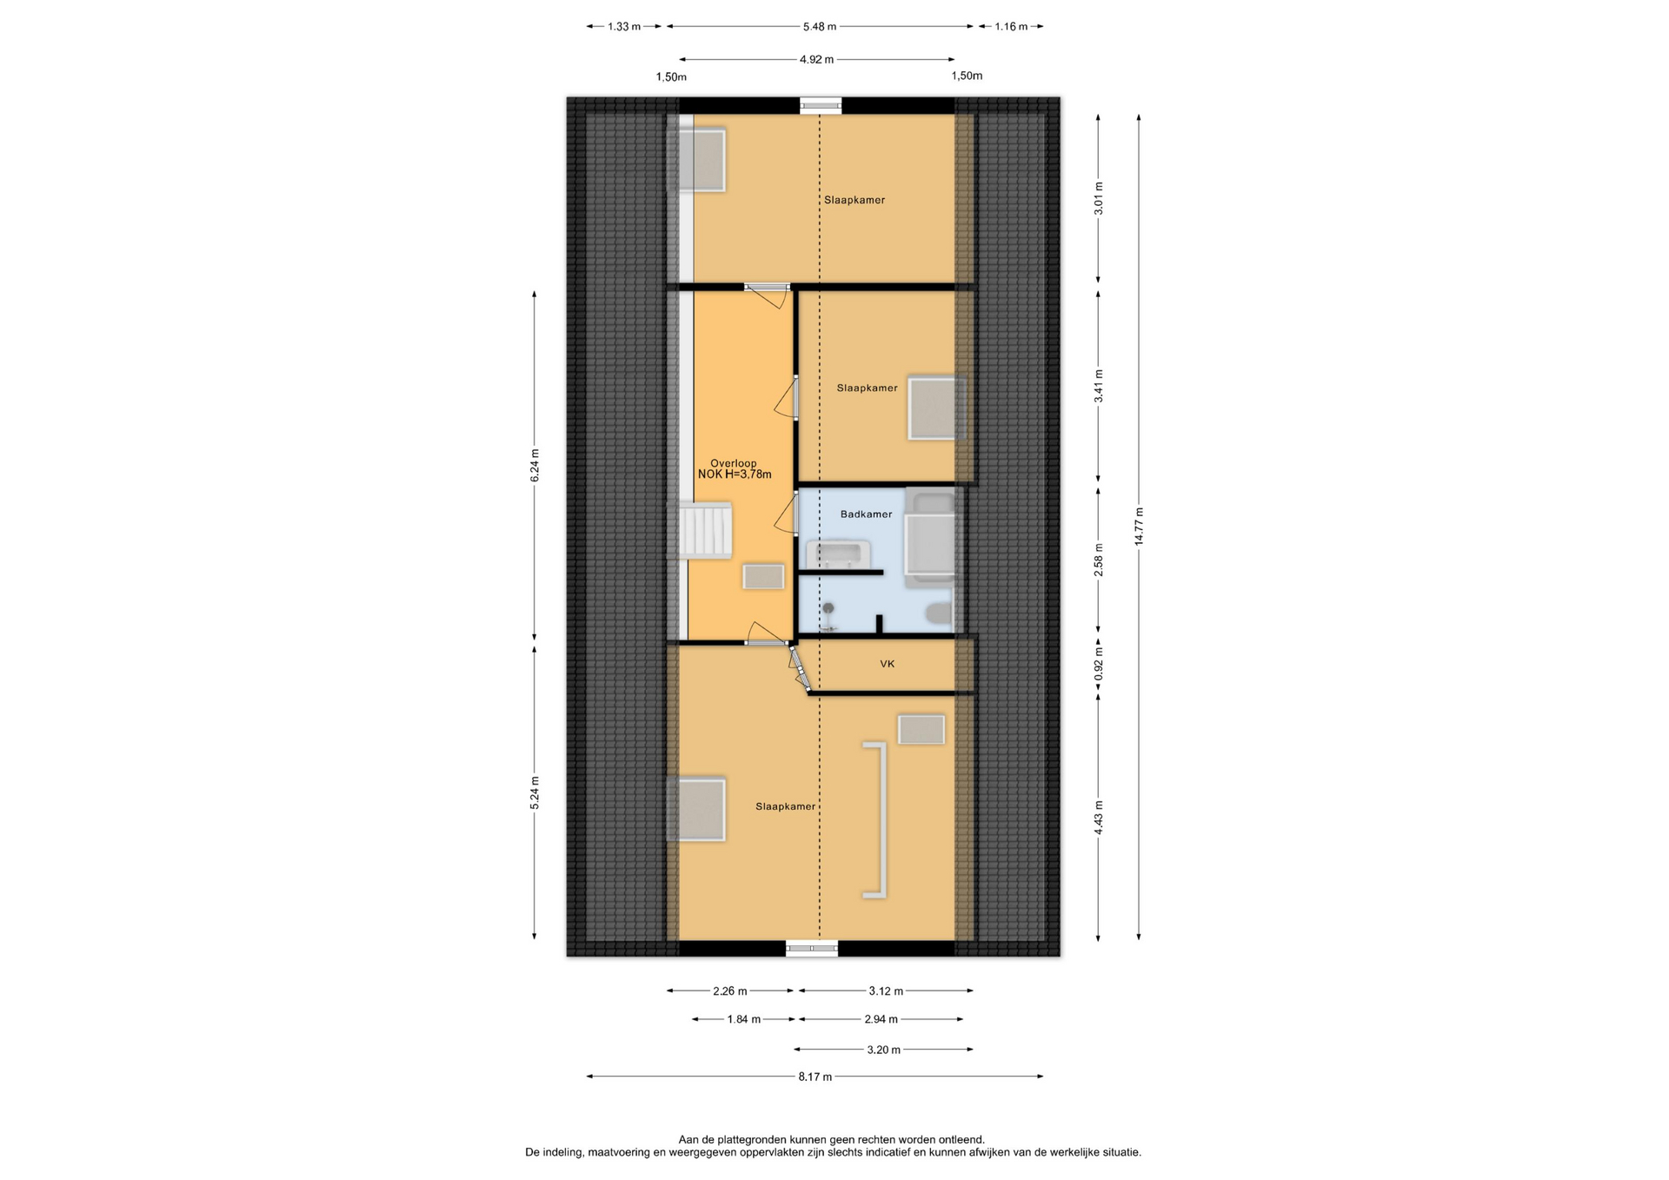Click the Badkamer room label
coord(866,514)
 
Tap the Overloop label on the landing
coord(733,463)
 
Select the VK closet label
coord(887,664)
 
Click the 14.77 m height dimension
coord(1139,526)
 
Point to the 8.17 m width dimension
coord(815,1077)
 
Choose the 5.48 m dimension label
coord(819,27)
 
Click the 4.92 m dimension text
coord(816,60)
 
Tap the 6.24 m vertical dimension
coord(535,466)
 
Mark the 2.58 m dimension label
coord(1099,560)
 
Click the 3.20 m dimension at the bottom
coord(883,1050)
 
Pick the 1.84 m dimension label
coord(744,1019)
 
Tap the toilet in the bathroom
coord(939,613)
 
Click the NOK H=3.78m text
coord(735,474)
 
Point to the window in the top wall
coord(821,105)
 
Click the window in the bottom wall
coord(812,949)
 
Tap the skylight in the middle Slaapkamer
coord(936,408)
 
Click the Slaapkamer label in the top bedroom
coord(854,200)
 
